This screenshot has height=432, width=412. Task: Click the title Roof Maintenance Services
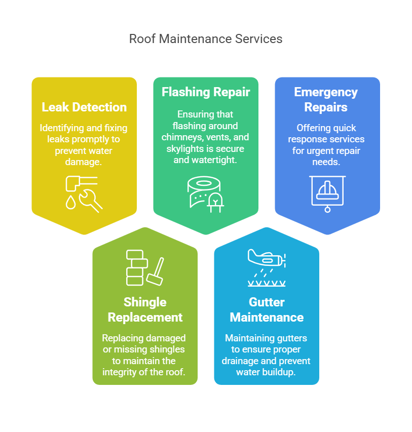pos(206,39)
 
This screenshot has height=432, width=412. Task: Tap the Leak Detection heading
pos(84,107)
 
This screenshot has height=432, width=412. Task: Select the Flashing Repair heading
pos(206,92)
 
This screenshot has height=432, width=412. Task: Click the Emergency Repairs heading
pos(326,99)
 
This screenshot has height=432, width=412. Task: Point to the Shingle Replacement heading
pos(145,309)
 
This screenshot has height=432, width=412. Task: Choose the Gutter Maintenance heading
pos(267,309)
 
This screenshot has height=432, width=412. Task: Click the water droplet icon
pos(70,203)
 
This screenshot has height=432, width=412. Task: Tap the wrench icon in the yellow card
pos(91,201)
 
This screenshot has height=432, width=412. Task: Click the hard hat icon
pos(327,191)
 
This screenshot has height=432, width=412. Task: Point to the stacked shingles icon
pos(137,267)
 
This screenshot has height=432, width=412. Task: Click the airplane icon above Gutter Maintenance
pos(267,258)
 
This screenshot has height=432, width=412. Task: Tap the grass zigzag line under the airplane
pos(267,284)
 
